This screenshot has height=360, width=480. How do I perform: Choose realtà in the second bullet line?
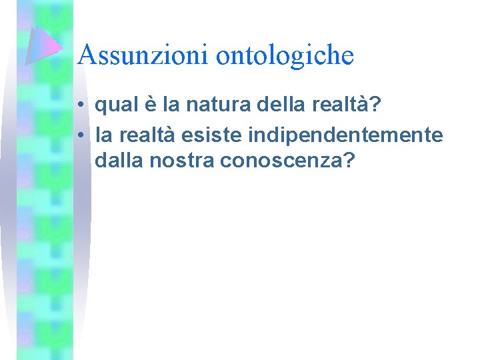[145, 136]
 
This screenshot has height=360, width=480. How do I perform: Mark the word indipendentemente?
[345, 136]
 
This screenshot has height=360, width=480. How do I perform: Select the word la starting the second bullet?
[103, 136]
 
